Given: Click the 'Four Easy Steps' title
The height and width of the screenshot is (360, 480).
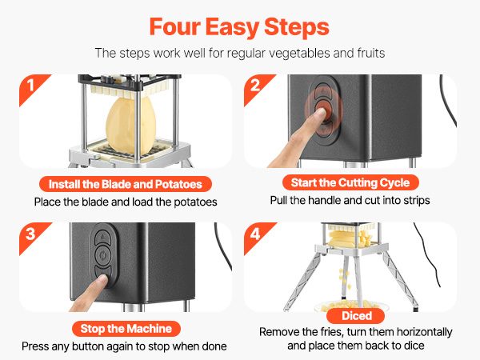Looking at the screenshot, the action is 239,27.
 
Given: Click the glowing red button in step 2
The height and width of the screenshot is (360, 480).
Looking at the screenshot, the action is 324,110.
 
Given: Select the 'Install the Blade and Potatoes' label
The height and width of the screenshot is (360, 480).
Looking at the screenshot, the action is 126,184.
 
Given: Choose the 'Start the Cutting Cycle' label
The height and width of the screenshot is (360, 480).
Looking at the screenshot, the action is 350,182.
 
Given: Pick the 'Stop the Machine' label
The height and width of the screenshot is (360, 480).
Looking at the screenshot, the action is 126,329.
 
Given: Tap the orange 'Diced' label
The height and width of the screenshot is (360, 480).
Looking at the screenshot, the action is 357,316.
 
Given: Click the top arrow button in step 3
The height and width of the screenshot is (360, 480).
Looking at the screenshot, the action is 103,236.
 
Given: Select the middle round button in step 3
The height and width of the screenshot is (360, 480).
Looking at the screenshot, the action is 103,255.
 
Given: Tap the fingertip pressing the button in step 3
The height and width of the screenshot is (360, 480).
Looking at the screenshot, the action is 102,279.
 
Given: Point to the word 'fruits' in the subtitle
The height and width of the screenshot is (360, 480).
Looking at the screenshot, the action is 370,54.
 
